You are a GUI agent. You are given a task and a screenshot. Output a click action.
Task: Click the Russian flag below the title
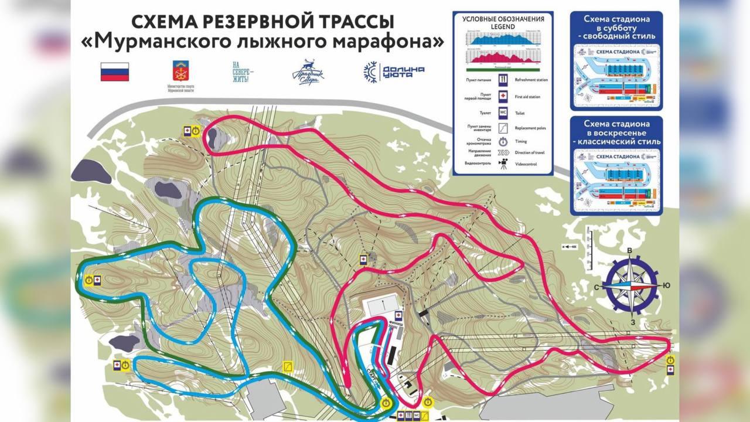coord(115,72)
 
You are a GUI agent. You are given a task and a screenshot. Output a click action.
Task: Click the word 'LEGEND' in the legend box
coord(503,25)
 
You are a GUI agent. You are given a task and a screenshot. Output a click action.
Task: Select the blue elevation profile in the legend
coord(503,39)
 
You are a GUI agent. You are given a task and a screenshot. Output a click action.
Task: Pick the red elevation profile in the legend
coord(503,57)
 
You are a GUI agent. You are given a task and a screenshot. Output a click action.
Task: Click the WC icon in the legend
coord(503,111)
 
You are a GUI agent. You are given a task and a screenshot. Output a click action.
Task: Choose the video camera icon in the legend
coord(503,165)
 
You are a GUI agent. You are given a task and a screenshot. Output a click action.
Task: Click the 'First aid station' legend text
coord(531,96)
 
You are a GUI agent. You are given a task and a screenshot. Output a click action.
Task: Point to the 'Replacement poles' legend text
coord(532,127)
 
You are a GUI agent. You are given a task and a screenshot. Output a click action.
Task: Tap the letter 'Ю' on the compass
coord(666,285)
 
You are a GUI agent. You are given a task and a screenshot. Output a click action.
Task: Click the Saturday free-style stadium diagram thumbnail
coord(616,75)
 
